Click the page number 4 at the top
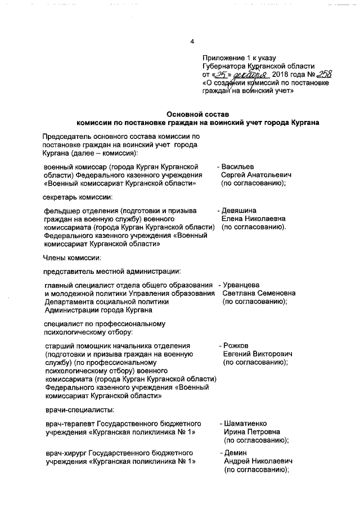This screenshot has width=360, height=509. click(192, 41)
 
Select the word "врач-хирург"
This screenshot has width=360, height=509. click(66, 453)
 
